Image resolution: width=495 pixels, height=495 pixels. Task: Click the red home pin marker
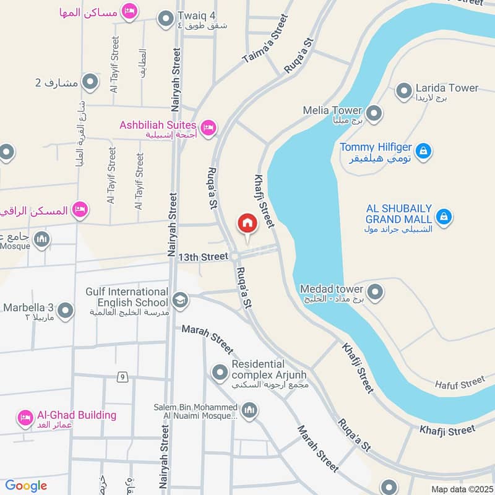click(x=247, y=224)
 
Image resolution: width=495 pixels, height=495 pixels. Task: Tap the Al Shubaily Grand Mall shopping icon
click(x=444, y=217)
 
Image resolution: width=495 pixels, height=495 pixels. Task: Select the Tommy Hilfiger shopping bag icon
click(x=423, y=150)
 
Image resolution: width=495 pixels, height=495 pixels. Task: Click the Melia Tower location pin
click(x=374, y=113)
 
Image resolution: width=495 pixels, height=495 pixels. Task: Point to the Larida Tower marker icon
click(x=404, y=92)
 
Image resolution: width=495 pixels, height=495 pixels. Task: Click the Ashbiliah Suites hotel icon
click(x=209, y=127)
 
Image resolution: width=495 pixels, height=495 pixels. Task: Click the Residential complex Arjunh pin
click(x=220, y=373)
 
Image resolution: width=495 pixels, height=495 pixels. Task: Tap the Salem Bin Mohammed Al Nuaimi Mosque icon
click(x=249, y=411)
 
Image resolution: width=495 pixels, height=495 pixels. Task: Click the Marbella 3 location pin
click(x=66, y=311)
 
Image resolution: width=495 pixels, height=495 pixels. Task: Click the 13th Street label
click(x=204, y=256)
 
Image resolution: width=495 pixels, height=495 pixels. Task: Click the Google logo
click(x=26, y=486)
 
